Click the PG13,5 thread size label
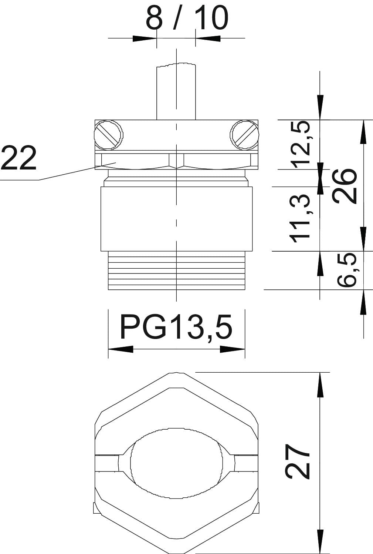click(176, 327)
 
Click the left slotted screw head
click(109, 135)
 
